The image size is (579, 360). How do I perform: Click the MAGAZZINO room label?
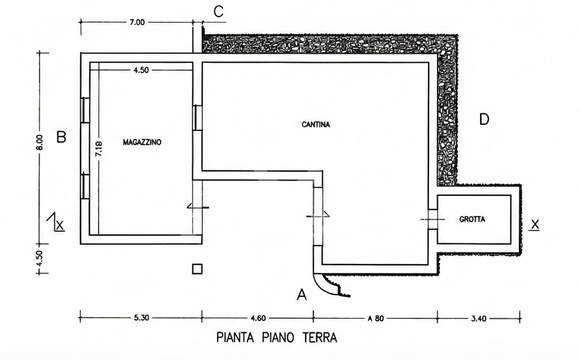(142, 142)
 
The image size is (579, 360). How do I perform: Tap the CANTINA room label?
(316, 125)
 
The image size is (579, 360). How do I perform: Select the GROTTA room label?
(472, 219)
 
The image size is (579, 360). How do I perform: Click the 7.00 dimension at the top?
(137, 22)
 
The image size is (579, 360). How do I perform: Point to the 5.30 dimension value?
(142, 318)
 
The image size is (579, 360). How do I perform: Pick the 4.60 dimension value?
(258, 318)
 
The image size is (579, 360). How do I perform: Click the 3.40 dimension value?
(478, 318)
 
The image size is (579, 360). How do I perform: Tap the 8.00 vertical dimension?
(40, 142)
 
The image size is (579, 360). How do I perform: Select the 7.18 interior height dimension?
(99, 149)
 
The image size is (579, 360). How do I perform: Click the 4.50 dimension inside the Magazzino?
(141, 70)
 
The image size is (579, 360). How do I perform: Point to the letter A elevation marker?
(302, 295)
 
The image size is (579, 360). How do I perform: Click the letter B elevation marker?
(61, 137)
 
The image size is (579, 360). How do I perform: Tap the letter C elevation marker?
(219, 11)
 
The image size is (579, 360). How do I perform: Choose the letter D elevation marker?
(484, 119)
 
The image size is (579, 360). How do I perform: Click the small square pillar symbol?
(197, 269)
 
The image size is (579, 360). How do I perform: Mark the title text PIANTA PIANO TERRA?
(276, 337)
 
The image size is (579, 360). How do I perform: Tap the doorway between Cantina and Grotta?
(433, 219)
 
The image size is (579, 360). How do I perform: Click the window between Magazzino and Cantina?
(197, 118)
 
